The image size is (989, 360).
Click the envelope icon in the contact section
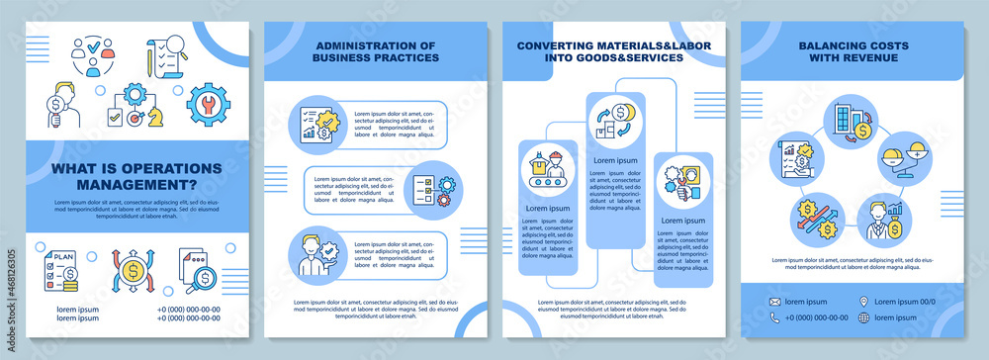(776, 301)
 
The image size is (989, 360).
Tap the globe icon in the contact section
(865, 317)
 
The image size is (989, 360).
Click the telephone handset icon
(776, 317)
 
